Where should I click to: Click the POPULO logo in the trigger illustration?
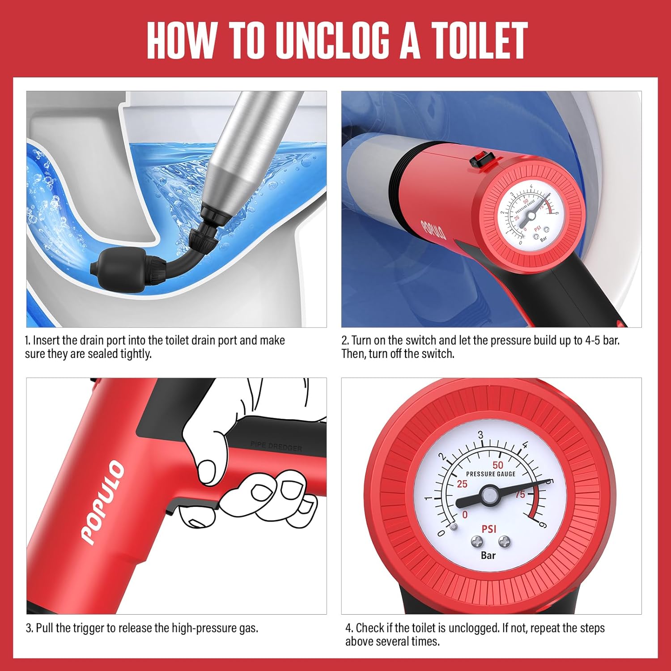click(x=102, y=502)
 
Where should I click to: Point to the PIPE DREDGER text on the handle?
click(x=276, y=446)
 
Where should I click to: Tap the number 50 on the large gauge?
click(x=497, y=465)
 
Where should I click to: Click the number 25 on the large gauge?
click(x=462, y=484)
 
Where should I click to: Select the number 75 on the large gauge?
click(x=520, y=494)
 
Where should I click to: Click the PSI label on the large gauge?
click(x=488, y=529)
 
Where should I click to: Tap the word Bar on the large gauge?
click(x=488, y=555)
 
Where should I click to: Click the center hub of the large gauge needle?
click(x=489, y=495)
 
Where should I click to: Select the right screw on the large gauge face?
click(x=505, y=542)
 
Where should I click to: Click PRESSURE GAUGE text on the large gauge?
click(x=491, y=474)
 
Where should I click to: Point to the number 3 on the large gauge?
click(x=480, y=435)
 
